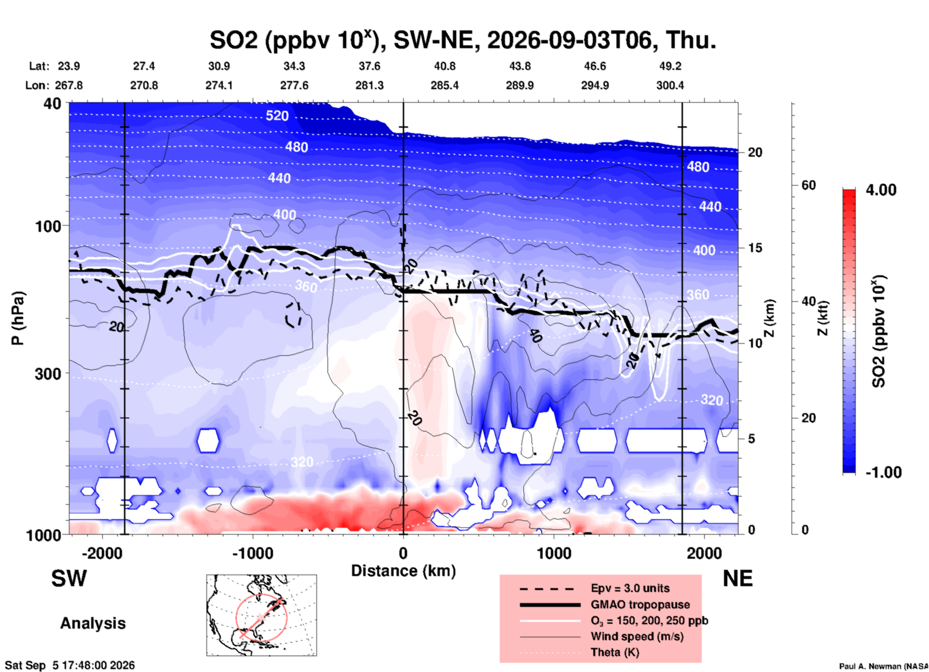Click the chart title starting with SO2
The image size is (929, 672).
[463, 40]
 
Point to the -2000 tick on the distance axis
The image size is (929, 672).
[102, 553]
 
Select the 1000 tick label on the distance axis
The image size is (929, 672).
[554, 553]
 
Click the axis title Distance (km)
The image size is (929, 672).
[403, 571]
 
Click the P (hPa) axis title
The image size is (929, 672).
[17, 318]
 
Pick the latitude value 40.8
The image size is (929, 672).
[444, 66]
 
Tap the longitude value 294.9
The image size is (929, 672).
[595, 85]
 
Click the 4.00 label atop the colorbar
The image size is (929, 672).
[881, 190]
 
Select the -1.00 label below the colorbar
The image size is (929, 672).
[883, 472]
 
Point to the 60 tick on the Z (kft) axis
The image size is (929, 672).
[808, 185]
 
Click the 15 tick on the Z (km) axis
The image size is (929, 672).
[755, 248]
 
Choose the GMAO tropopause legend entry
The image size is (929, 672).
[640, 605]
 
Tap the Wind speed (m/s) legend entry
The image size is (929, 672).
[637, 636]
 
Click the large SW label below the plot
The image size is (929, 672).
[69, 578]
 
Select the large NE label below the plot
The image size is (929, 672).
[738, 578]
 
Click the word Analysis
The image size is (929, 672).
[93, 623]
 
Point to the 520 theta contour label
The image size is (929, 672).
[277, 116]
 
